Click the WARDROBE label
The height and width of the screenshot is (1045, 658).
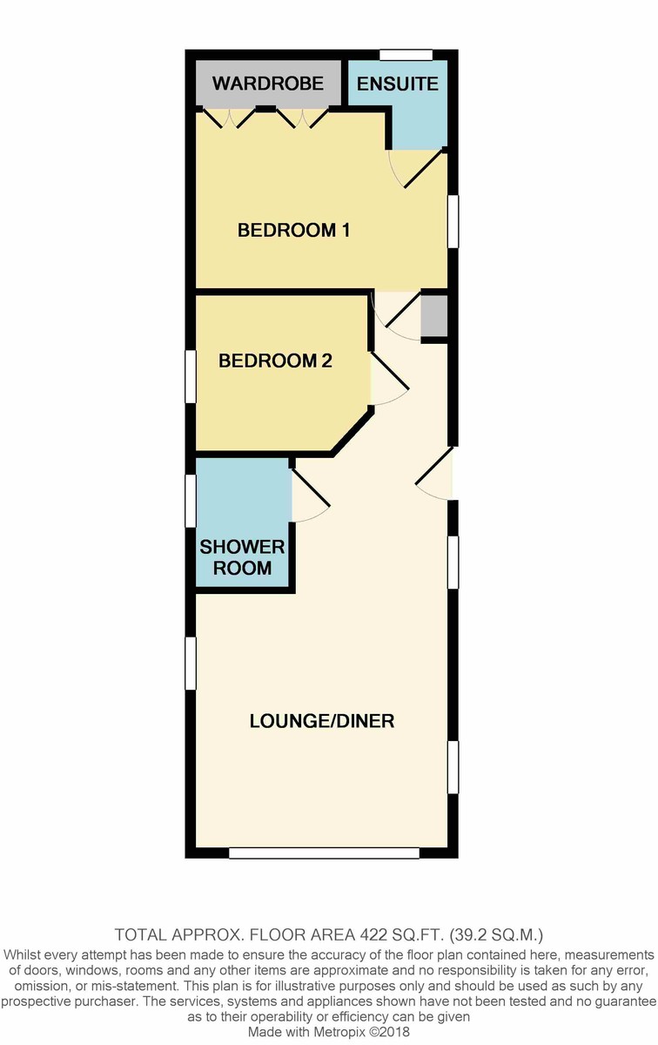point(268,84)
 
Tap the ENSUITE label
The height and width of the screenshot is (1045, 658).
point(397,84)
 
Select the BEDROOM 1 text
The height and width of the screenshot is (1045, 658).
point(294,230)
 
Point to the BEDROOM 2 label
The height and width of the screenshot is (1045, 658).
point(275,361)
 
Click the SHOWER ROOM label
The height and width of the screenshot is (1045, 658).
point(242,557)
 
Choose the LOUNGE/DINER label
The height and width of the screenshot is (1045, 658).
point(322,721)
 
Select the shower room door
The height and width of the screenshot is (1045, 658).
point(311,495)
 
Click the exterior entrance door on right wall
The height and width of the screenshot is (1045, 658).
point(434,474)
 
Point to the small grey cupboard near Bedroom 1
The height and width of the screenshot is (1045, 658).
point(434,315)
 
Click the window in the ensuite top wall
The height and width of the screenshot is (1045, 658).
point(406,55)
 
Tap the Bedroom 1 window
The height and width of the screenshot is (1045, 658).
point(453,221)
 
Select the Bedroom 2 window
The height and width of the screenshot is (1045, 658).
point(191,376)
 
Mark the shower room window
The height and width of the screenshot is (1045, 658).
point(191,501)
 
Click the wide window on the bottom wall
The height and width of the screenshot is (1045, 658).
point(324,853)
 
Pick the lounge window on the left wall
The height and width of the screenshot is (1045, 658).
point(191,663)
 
